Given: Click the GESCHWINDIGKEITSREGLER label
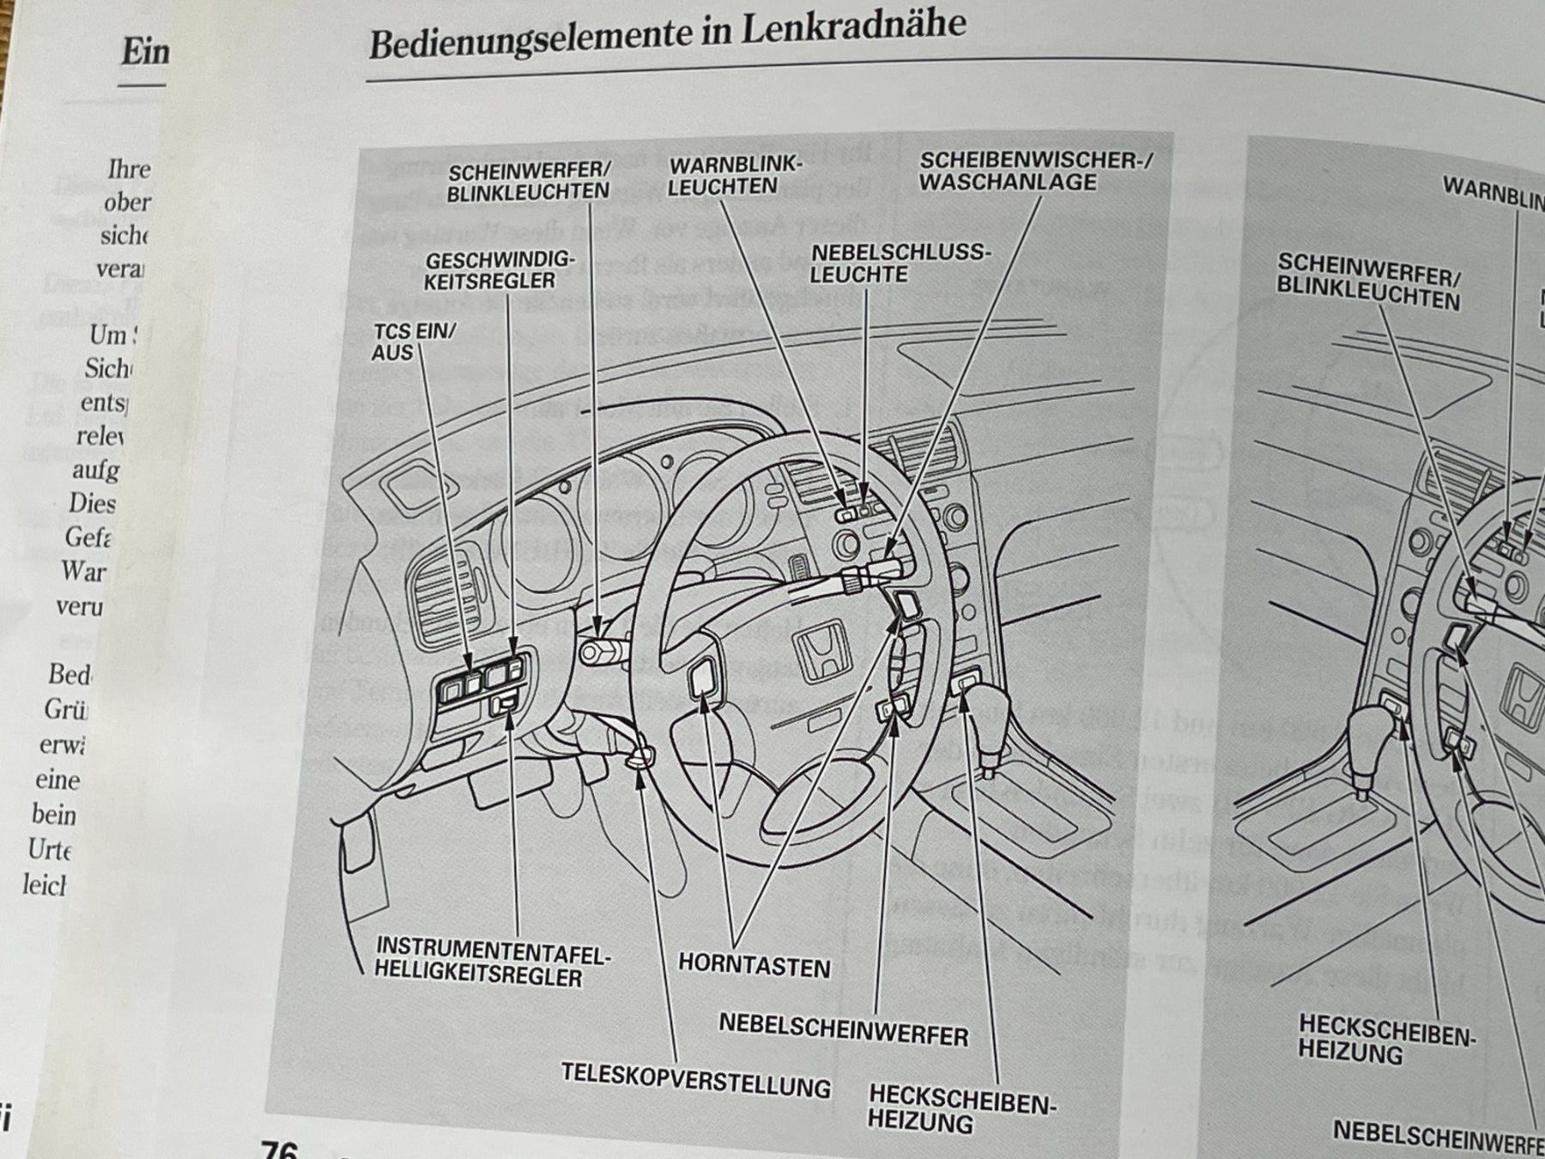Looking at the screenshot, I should (x=499, y=270).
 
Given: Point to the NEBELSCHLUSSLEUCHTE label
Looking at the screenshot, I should (x=900, y=264).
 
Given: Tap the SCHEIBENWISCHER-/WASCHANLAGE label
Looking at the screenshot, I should (x=1034, y=172).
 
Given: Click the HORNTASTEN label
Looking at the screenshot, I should (x=754, y=965).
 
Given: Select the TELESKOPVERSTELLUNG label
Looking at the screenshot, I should (x=695, y=1080).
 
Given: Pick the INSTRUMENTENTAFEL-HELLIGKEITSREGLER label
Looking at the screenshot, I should (x=491, y=962).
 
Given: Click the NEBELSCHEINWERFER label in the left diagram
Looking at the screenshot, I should (x=843, y=1029).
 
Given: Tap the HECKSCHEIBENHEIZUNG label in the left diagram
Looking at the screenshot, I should (x=960, y=1108).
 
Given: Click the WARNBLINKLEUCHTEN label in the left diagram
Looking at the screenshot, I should (x=734, y=175).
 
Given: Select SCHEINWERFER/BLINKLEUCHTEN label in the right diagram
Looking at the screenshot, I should (x=1368, y=282).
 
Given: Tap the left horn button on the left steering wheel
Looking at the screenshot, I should (x=704, y=677).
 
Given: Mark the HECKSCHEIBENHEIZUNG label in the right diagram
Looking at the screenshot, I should (x=1384, y=1038).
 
